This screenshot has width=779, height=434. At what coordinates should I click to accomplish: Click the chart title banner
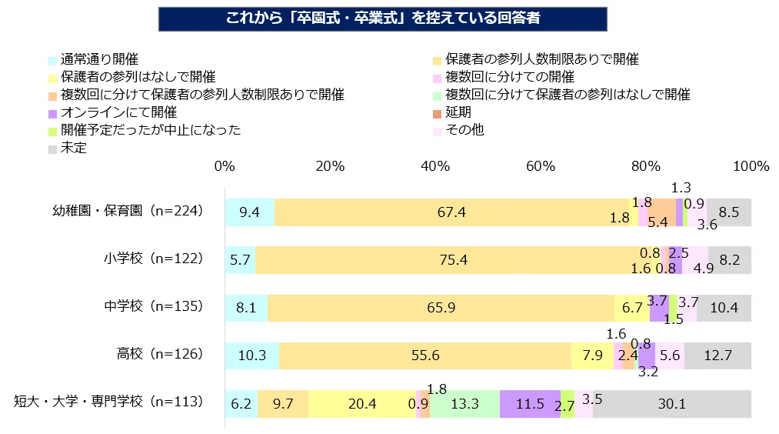click(382, 19)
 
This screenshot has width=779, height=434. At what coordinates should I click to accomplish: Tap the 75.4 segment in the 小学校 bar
click(454, 260)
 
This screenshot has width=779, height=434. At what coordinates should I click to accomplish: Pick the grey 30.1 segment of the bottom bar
click(671, 404)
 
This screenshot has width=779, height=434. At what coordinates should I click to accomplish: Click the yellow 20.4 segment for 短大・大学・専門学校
click(361, 404)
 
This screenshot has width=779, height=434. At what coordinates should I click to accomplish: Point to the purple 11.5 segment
click(529, 404)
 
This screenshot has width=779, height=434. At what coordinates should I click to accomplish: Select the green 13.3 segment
click(464, 404)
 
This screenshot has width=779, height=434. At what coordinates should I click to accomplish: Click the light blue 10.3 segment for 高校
click(251, 356)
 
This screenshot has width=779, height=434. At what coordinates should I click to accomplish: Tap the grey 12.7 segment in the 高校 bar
click(717, 356)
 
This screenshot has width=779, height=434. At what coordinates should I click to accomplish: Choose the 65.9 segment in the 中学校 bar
click(441, 308)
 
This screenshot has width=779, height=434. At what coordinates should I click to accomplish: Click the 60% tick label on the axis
click(541, 167)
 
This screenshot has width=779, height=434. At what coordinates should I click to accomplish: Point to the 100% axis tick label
click(751, 167)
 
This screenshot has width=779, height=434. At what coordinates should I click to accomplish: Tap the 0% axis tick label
click(225, 167)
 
